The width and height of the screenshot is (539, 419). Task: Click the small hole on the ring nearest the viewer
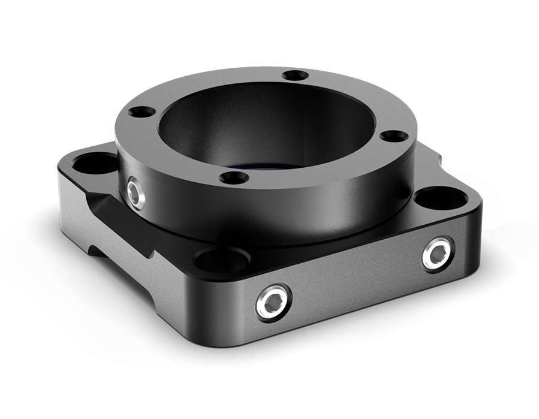[234, 177]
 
